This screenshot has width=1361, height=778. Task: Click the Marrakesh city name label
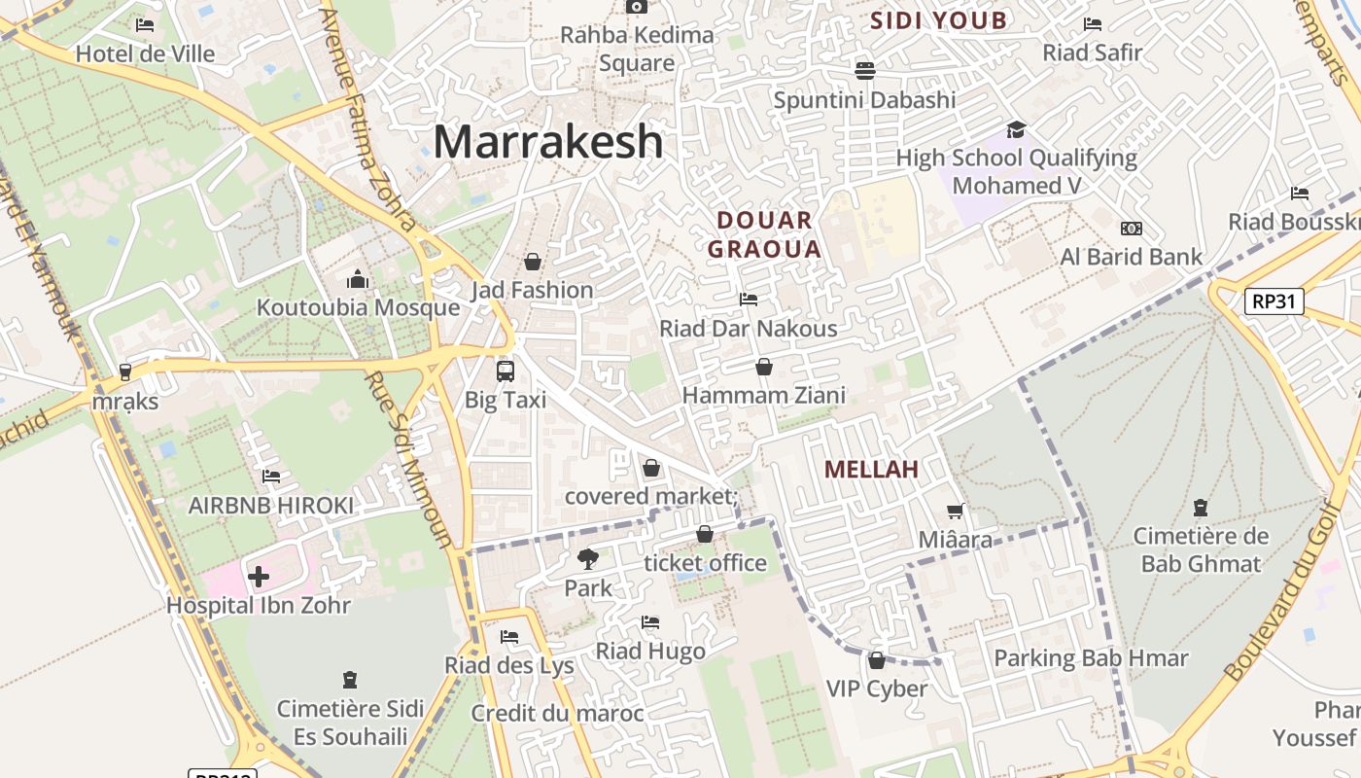[x=548, y=142]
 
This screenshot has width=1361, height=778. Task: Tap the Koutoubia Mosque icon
[x=358, y=280]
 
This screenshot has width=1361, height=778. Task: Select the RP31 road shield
[x=1274, y=301]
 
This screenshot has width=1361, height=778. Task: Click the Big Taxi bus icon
[x=505, y=371]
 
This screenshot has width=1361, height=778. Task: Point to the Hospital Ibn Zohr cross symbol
[x=259, y=577]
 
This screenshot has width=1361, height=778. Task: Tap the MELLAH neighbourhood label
[x=871, y=470]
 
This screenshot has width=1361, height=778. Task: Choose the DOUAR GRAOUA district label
[x=764, y=234]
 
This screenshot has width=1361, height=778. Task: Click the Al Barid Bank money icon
[x=1131, y=229]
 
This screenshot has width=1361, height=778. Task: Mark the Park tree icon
[x=587, y=559]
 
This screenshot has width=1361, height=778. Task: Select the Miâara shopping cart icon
[x=956, y=511]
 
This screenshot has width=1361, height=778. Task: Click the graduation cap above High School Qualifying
[x=1016, y=129]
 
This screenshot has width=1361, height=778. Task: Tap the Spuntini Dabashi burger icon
[x=864, y=70]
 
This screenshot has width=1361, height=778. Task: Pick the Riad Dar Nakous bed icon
[x=749, y=300]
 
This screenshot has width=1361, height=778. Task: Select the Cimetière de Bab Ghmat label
[x=1201, y=549]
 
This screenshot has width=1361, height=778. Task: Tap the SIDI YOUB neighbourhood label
[x=938, y=20]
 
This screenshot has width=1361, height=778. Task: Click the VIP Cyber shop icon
[x=877, y=660]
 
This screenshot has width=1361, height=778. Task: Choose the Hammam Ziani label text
[x=764, y=396]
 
